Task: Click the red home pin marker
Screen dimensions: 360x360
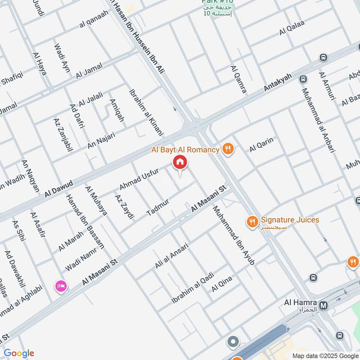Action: pos(180,162)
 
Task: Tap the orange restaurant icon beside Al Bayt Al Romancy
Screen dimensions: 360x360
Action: pos(229,149)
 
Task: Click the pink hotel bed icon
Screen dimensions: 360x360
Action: pos(61,285)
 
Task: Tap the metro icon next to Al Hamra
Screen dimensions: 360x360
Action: pos(324,305)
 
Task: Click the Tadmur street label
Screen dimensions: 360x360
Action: pos(157,207)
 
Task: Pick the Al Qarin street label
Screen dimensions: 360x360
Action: pos(261,144)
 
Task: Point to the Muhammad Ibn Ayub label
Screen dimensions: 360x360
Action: pos(234,234)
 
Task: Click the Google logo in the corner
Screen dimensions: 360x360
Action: pos(18,353)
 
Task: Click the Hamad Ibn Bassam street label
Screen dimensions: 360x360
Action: pos(85,221)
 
